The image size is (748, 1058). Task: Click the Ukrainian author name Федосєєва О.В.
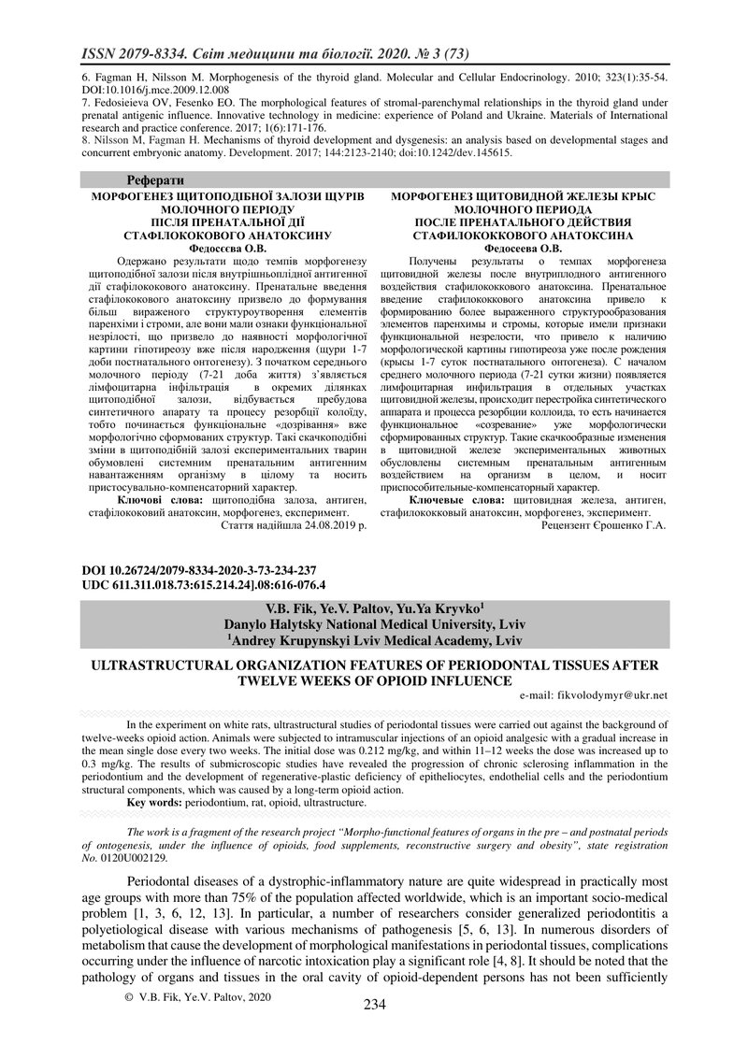(228, 250)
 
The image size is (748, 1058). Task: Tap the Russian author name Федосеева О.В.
(521, 250)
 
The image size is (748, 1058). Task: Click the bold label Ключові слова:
(163, 501)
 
